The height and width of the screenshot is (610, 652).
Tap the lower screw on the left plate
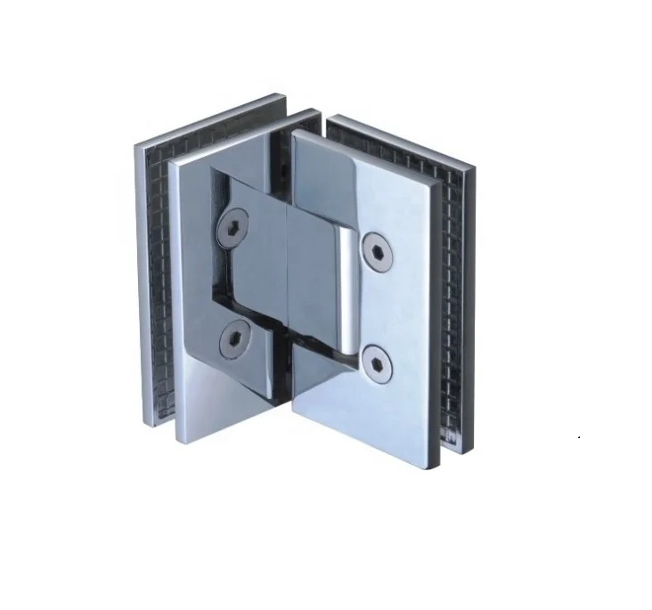(x=236, y=336)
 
